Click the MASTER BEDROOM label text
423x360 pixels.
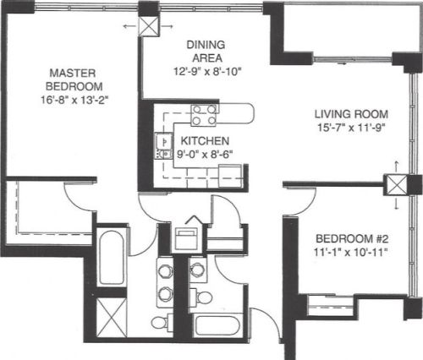click(74, 79)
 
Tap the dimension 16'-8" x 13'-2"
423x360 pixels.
click(74, 100)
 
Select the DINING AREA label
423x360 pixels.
click(206, 52)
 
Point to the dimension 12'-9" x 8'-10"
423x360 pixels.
click(207, 72)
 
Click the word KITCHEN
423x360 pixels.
click(205, 141)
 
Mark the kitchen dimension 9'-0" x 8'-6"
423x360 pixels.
click(205, 155)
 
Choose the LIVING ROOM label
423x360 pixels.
click(351, 114)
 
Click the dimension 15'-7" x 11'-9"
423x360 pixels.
click(351, 128)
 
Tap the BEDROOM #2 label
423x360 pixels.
click(352, 239)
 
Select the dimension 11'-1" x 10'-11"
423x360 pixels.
click(349, 252)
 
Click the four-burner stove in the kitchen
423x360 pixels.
click(204, 115)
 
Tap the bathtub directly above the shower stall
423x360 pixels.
click(112, 258)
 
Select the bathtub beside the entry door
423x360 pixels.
click(217, 325)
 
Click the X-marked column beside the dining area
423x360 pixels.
click(149, 26)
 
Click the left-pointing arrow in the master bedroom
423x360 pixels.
click(129, 26)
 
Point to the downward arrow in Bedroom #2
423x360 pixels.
click(397, 204)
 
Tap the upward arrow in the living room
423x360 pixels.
click(397, 166)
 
